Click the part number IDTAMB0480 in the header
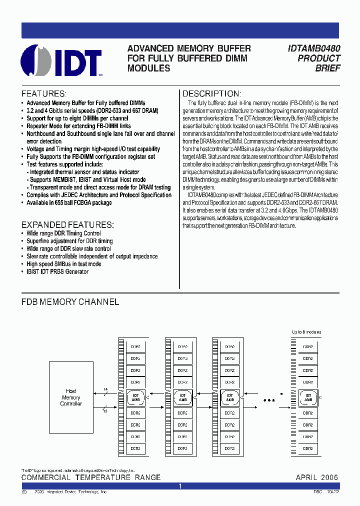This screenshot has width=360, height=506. pos(314,48)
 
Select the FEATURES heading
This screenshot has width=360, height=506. pos(44,94)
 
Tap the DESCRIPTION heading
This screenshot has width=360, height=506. pos(211,94)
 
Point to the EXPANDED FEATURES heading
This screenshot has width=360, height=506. pos(67,224)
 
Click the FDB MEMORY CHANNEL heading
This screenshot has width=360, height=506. pos(70,302)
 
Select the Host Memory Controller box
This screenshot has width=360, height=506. pos(71,397)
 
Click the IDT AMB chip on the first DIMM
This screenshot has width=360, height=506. pos(135,398)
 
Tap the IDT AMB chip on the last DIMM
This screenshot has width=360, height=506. pos(308,398)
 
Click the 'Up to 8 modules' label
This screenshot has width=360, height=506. pos(306,332)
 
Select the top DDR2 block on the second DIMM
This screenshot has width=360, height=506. pos(182,346)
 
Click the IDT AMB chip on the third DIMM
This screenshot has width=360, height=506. pos(230,398)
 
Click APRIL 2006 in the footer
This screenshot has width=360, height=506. pos(317,477)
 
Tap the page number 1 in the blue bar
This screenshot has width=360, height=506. pos(180,486)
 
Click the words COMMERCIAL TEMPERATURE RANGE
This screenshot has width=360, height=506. pos(91,477)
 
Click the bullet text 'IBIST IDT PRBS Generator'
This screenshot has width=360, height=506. pos(57,271)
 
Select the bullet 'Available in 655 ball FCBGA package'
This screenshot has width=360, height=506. pos(69,202)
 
